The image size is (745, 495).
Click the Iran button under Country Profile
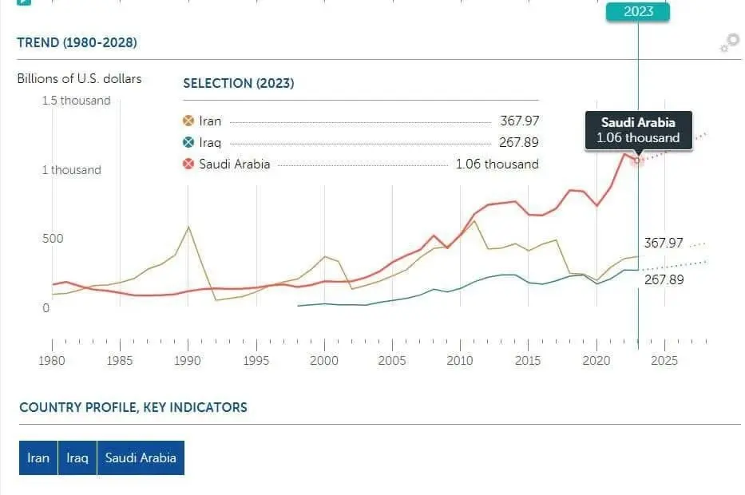coord(38,458)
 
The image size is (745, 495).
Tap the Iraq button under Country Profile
coord(77,458)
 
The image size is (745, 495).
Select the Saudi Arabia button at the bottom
coord(141,458)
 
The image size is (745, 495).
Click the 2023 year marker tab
coord(638,11)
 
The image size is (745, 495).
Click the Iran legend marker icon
coord(188,121)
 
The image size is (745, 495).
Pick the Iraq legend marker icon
coord(188,143)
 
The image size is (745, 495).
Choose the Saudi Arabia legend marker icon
coord(188,164)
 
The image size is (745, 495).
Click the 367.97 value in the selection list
coord(519,121)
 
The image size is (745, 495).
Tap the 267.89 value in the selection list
coord(519,143)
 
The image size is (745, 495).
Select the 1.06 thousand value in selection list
coord(497,164)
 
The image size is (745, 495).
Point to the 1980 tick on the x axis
coord(53,361)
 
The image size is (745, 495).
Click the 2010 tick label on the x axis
coord(460,361)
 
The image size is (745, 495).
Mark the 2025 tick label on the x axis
coord(664,361)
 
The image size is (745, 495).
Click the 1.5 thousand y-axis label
coord(77,101)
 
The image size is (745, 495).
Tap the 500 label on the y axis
coord(53,239)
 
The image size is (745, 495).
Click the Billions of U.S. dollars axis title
coord(79,78)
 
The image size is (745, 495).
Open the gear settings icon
coord(729,43)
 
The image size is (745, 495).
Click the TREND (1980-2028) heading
coord(77,43)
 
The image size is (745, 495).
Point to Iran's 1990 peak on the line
coord(188,227)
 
